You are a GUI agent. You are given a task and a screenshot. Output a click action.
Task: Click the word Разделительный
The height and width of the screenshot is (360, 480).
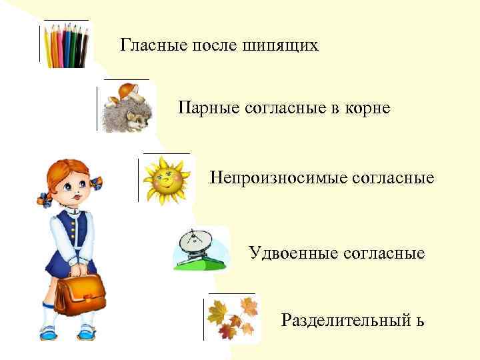click(x=347, y=321)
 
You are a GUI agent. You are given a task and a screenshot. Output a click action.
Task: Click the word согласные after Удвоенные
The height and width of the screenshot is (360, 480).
click(x=385, y=253)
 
